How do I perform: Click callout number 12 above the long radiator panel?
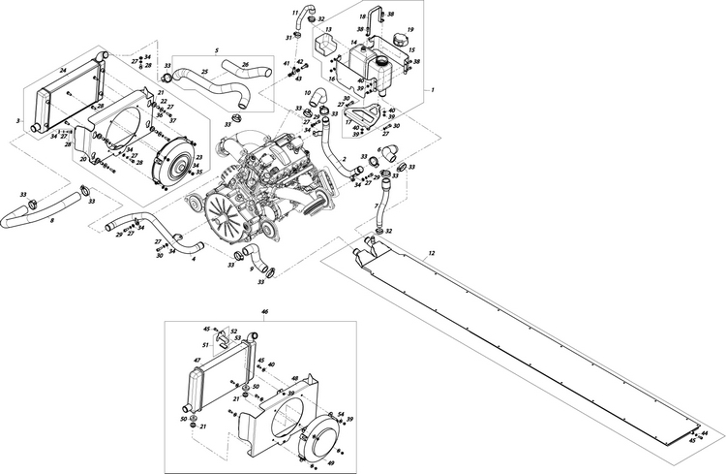pos(432,253)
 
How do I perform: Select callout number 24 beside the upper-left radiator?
pos(62,71)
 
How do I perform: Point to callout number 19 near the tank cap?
pos(409,30)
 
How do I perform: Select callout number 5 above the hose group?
pos(217,48)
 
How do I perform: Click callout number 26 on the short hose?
pos(245,65)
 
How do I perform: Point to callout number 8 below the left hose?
pos(51,220)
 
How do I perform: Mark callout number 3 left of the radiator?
pos(18,119)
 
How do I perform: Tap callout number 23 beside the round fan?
pos(198,156)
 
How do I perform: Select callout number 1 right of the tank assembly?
pos(432,89)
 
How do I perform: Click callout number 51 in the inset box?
pos(205,344)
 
